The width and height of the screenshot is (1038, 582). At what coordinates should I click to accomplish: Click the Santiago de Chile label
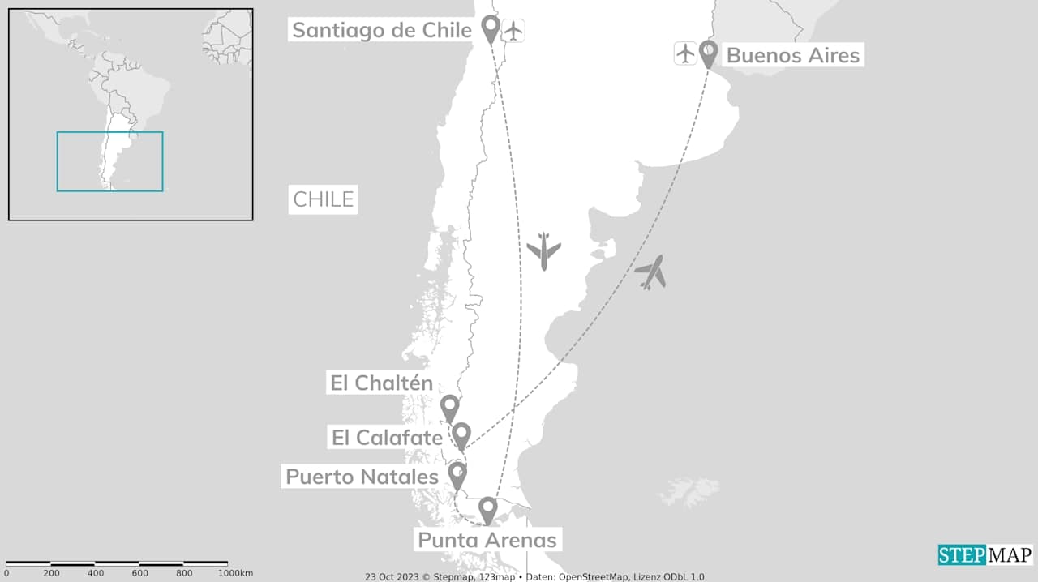tap(381, 30)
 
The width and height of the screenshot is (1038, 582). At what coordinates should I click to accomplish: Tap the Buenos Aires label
tap(792, 55)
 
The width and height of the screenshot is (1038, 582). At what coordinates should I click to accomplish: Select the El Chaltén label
tap(381, 383)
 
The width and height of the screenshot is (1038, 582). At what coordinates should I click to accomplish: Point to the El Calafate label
tap(387, 438)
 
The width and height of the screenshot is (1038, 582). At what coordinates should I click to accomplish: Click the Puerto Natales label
tap(362, 477)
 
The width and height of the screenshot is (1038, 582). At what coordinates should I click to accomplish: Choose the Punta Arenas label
tap(487, 540)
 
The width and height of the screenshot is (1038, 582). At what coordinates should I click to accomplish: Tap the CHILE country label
tap(324, 199)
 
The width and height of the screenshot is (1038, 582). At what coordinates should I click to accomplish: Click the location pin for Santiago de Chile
tap(490, 28)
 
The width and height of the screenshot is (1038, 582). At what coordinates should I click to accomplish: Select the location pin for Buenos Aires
tap(708, 53)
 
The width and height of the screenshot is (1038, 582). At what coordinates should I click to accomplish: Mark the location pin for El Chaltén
tap(449, 407)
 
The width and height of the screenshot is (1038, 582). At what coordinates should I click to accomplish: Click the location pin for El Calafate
tap(461, 434)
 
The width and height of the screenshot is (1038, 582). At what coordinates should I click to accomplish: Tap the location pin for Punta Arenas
tap(487, 509)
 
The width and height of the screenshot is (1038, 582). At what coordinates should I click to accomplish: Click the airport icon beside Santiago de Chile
tap(513, 31)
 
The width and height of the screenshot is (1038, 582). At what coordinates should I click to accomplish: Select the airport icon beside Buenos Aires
tap(685, 54)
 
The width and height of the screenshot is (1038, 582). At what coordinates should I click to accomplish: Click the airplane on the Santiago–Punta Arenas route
tap(543, 250)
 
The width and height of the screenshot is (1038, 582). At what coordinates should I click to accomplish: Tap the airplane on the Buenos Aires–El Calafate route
tap(651, 272)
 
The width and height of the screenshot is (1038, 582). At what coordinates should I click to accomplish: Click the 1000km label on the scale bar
tap(235, 573)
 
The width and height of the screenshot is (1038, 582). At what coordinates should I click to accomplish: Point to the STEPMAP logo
tap(985, 555)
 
